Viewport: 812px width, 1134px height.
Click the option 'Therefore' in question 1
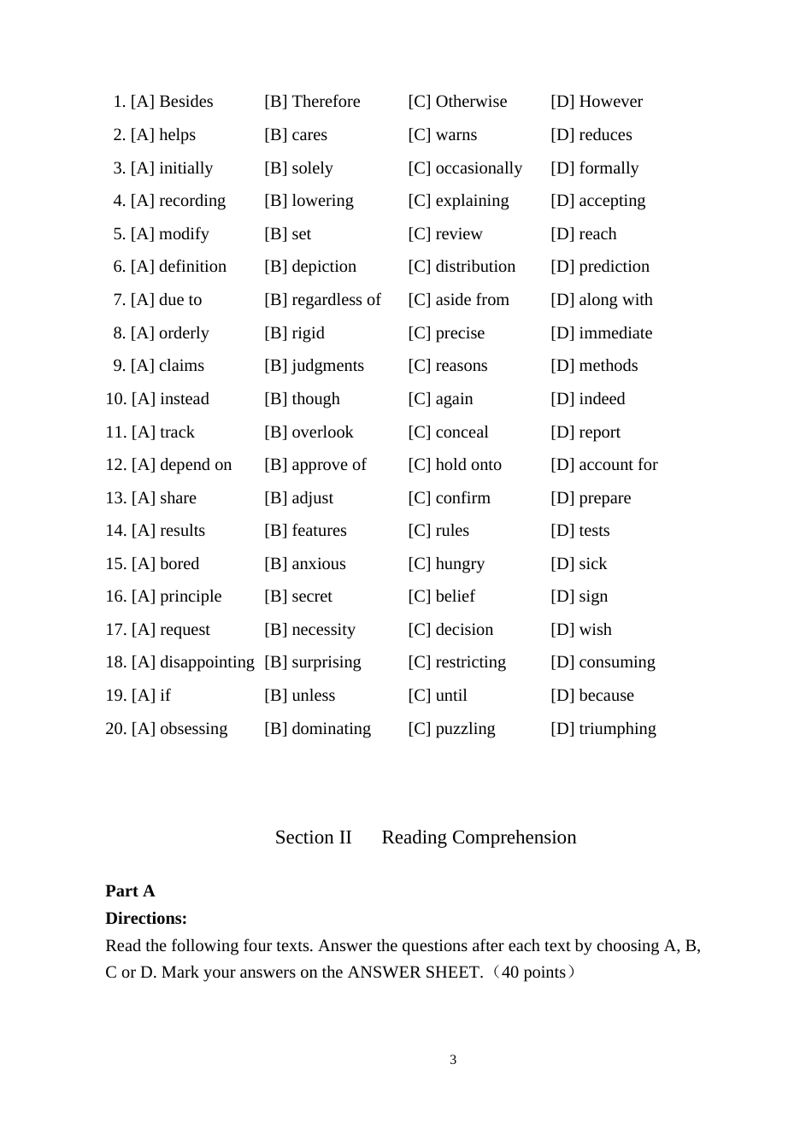(325, 102)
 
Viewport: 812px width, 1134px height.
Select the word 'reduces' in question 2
(605, 135)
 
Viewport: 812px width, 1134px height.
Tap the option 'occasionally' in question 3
(479, 168)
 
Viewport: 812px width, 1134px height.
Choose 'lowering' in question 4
(322, 201)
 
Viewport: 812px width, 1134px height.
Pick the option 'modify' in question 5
(184, 234)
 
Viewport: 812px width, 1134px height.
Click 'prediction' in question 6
(614, 267)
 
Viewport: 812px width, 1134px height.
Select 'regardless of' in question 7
(336, 300)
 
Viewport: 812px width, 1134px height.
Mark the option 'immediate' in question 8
(615, 333)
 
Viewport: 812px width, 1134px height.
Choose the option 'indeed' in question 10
(602, 399)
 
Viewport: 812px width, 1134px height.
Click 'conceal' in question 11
(462, 432)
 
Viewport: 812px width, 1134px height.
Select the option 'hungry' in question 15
(460, 564)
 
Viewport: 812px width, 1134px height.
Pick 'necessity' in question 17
(323, 630)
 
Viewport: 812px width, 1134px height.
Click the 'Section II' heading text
(313, 837)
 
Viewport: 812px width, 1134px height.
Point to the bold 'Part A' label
(130, 891)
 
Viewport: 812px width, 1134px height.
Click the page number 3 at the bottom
(453, 1060)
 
